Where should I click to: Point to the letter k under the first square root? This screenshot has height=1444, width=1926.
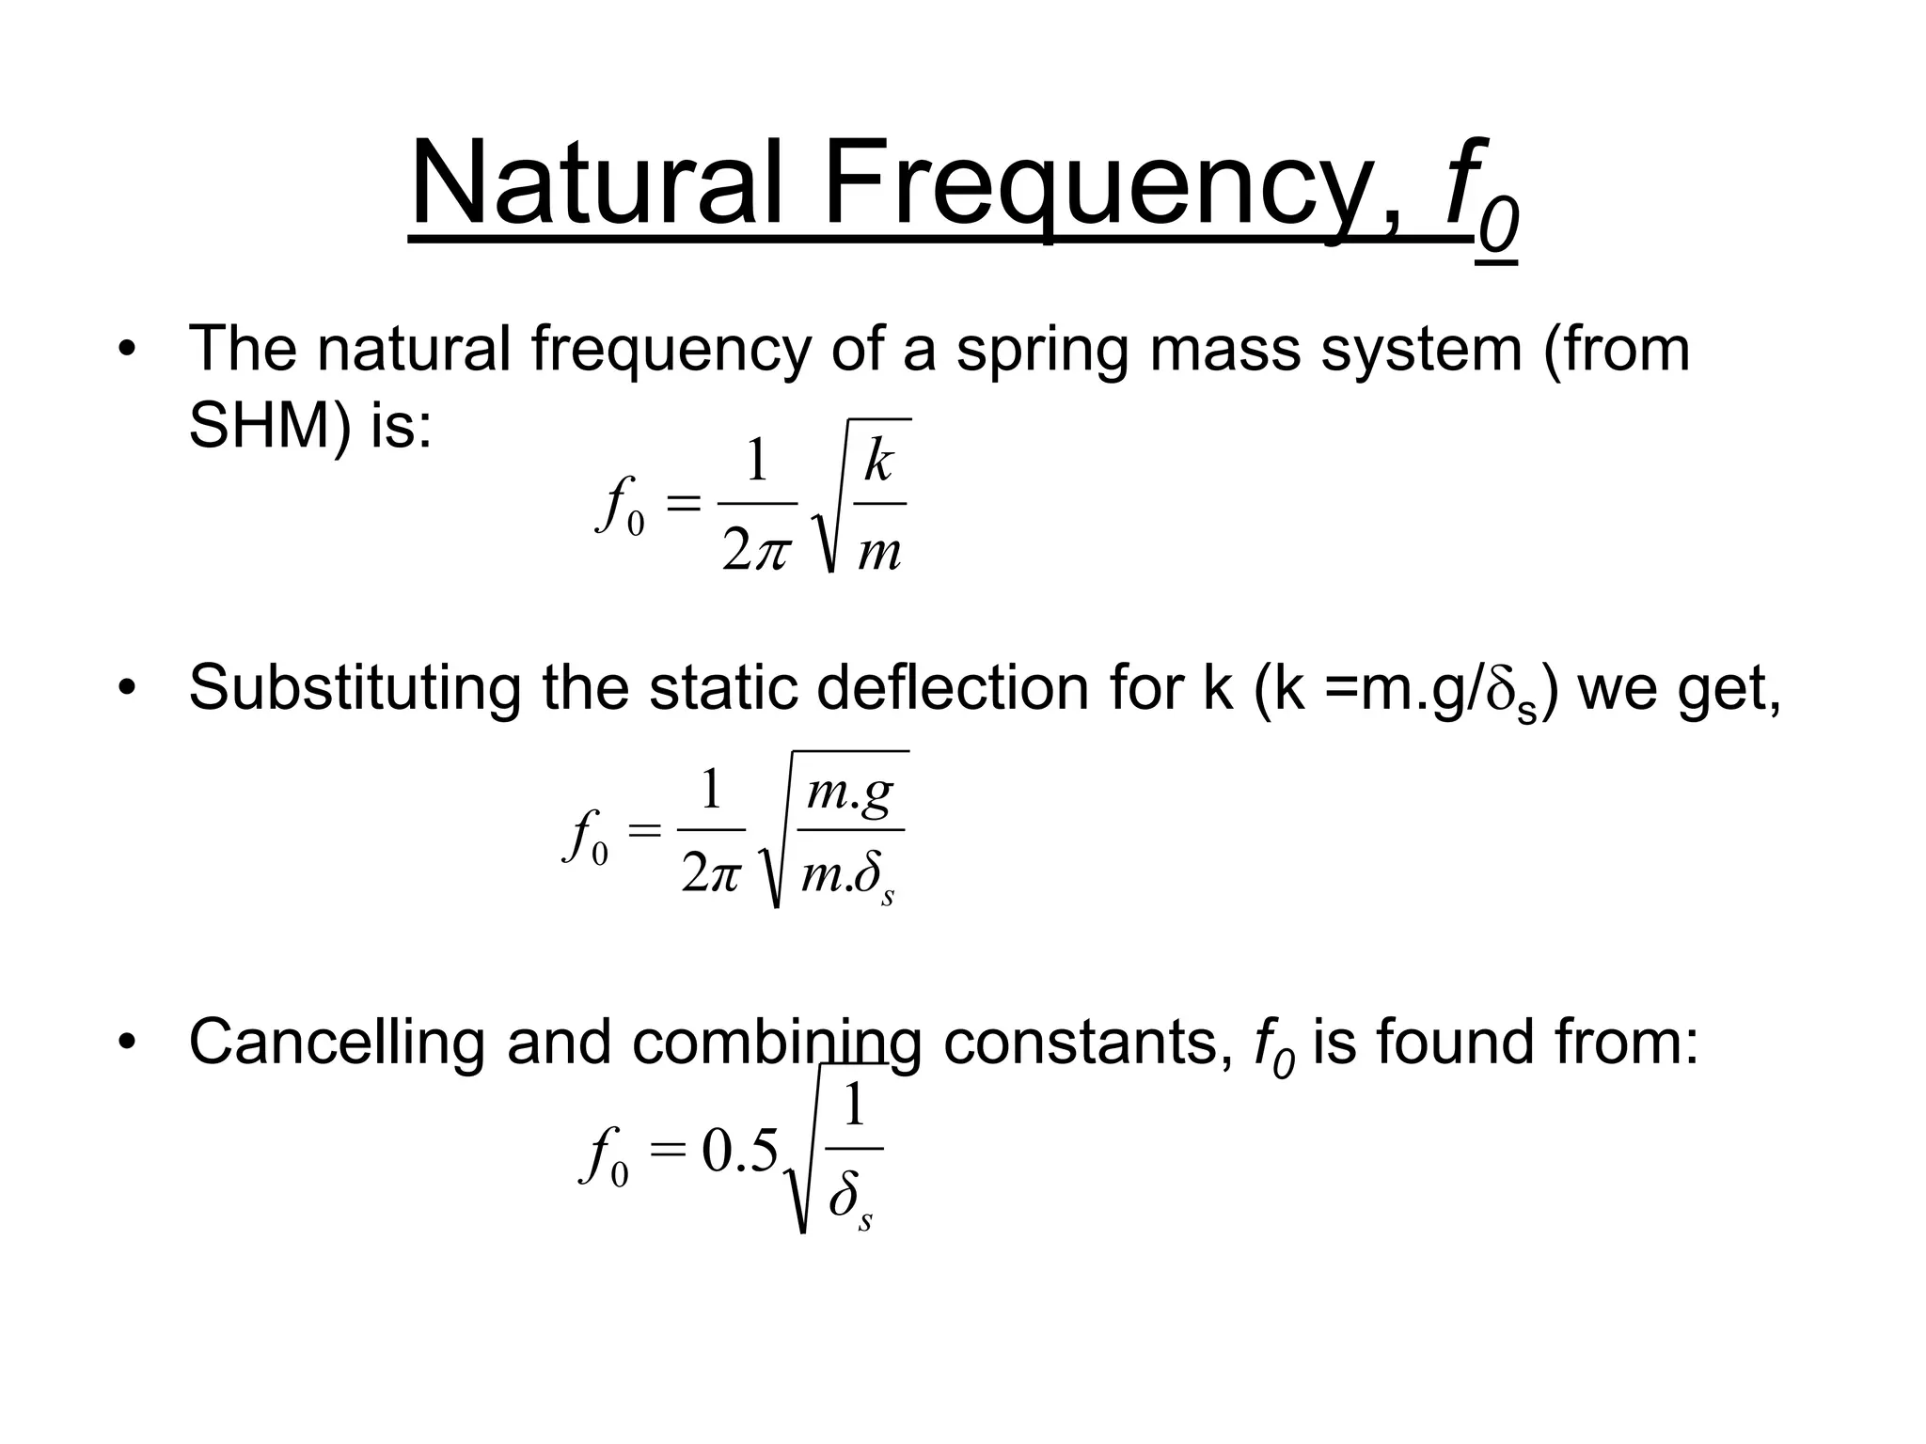pyautogui.click(x=879, y=462)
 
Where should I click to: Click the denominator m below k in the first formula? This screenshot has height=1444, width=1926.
pyautogui.click(x=879, y=552)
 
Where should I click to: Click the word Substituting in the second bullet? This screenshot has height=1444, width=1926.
pyautogui.click(x=354, y=688)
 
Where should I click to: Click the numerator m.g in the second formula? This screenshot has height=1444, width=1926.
pyautogui.click(x=850, y=792)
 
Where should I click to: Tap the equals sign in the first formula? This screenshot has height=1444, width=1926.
pyautogui.click(x=684, y=505)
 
